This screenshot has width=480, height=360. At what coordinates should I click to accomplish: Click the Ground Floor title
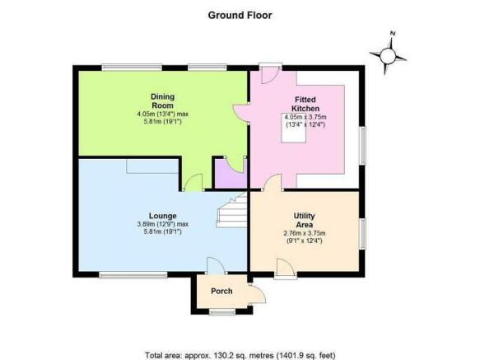(240, 16)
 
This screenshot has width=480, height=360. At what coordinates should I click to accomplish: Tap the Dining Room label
(162, 101)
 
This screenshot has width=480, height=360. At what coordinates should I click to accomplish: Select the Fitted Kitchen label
(305, 104)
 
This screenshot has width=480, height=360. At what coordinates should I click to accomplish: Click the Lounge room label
(162, 216)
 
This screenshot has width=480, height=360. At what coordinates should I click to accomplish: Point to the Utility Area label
(305, 220)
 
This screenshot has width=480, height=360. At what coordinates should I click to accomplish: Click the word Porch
(221, 291)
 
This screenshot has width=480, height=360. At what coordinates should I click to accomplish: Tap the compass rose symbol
(388, 54)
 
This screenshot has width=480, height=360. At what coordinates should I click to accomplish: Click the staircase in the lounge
(231, 211)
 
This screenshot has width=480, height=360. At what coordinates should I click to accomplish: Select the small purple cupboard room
(231, 174)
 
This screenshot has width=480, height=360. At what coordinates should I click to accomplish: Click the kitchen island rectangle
(294, 128)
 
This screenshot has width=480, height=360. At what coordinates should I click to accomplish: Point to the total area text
(240, 355)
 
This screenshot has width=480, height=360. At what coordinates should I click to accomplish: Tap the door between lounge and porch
(216, 265)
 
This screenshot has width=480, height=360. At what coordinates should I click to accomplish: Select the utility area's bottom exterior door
(286, 269)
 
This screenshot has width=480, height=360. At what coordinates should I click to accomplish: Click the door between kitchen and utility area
(273, 183)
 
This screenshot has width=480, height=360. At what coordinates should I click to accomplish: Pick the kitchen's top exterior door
(270, 73)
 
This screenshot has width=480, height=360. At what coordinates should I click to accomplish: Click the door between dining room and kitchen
(241, 114)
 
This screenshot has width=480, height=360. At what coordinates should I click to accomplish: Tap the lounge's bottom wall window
(133, 275)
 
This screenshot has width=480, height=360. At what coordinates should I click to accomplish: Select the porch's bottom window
(222, 312)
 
